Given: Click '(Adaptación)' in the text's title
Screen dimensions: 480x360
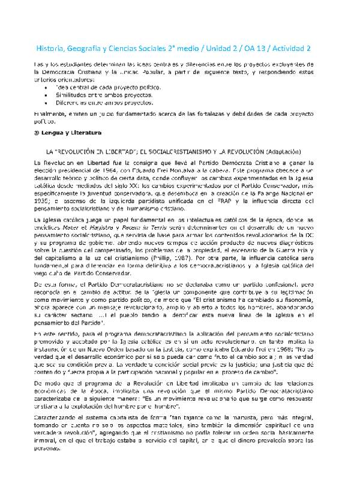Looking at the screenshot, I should pyautogui.click(x=275, y=151).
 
